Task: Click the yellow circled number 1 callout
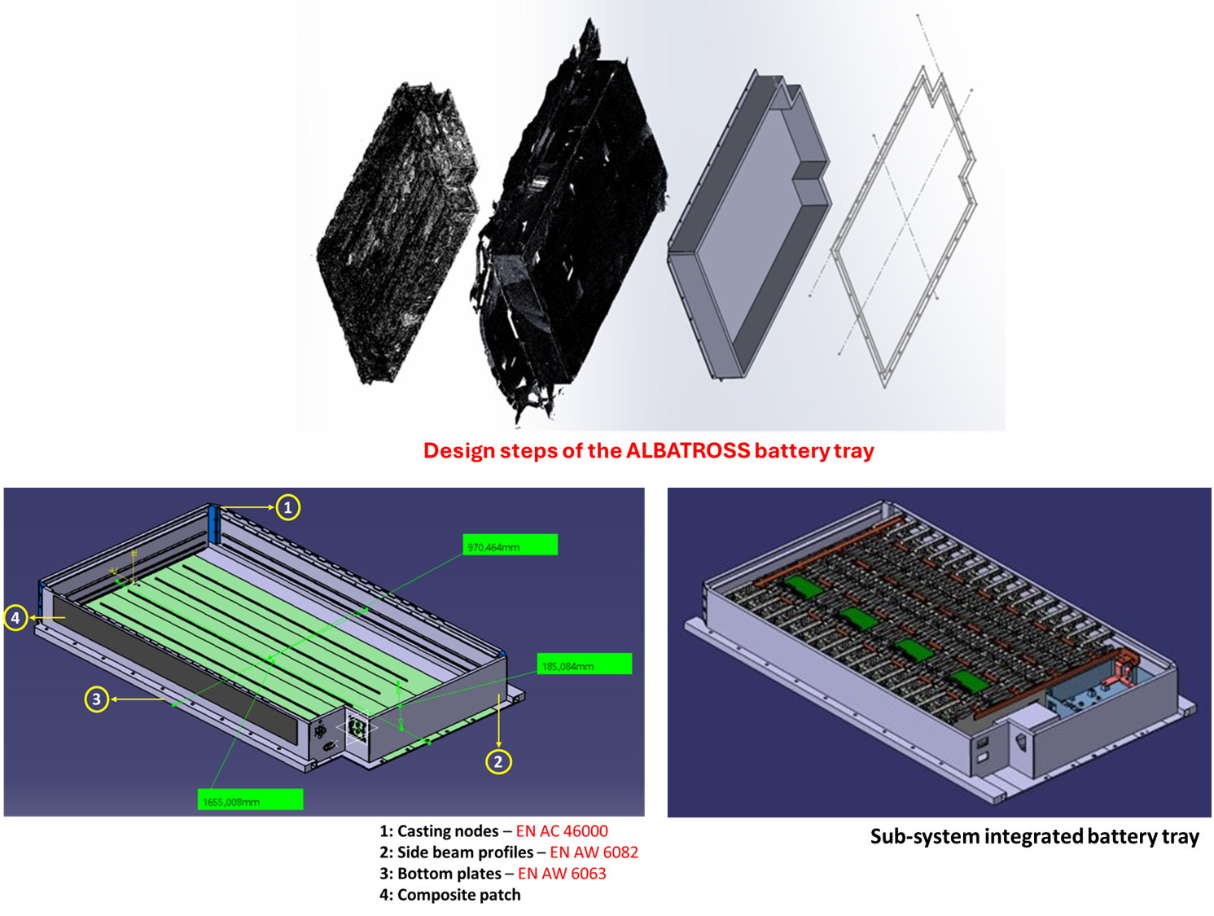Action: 287,507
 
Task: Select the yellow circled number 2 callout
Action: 498,761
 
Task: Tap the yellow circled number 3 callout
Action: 96,699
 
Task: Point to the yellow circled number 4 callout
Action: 15,618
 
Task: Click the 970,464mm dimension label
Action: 510,545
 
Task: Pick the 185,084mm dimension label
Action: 584,664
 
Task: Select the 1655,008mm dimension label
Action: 250,800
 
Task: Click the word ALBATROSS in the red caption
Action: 688,450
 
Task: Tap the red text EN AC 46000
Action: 562,831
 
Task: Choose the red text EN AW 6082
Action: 594,852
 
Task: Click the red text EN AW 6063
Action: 562,874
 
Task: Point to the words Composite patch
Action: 459,895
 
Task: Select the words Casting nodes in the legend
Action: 448,831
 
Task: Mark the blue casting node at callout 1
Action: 215,524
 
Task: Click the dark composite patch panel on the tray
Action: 176,672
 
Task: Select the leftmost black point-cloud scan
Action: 397,232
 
